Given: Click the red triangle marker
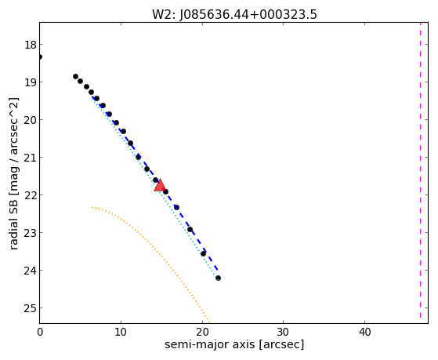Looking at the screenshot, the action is pyautogui.click(x=160, y=186).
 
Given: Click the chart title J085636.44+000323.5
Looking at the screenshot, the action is pyautogui.click(x=248, y=15).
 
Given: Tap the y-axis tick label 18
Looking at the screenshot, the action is pyautogui.click(x=30, y=45).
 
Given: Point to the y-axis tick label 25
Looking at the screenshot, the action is pyautogui.click(x=30, y=308).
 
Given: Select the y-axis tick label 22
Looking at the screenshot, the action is pyautogui.click(x=30, y=195).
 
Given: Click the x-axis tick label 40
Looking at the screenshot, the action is pyautogui.click(x=364, y=332).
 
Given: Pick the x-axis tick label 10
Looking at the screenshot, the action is pyautogui.click(x=121, y=332).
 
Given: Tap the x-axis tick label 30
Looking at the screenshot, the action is pyautogui.click(x=283, y=332).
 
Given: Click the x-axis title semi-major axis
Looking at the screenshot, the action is pyautogui.click(x=210, y=344).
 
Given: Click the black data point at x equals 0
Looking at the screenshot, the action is pyautogui.click(x=40, y=56).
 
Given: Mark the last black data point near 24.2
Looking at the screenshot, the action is pyautogui.click(x=218, y=278).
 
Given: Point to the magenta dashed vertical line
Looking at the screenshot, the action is pyautogui.click(x=420, y=170).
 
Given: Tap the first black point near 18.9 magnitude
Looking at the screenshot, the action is pyautogui.click(x=75, y=76).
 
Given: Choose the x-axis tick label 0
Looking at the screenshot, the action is pyautogui.click(x=40, y=332).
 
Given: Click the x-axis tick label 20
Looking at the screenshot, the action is pyautogui.click(x=202, y=332).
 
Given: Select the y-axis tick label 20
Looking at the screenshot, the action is pyautogui.click(x=30, y=120).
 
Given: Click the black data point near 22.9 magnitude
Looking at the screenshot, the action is pyautogui.click(x=190, y=229).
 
